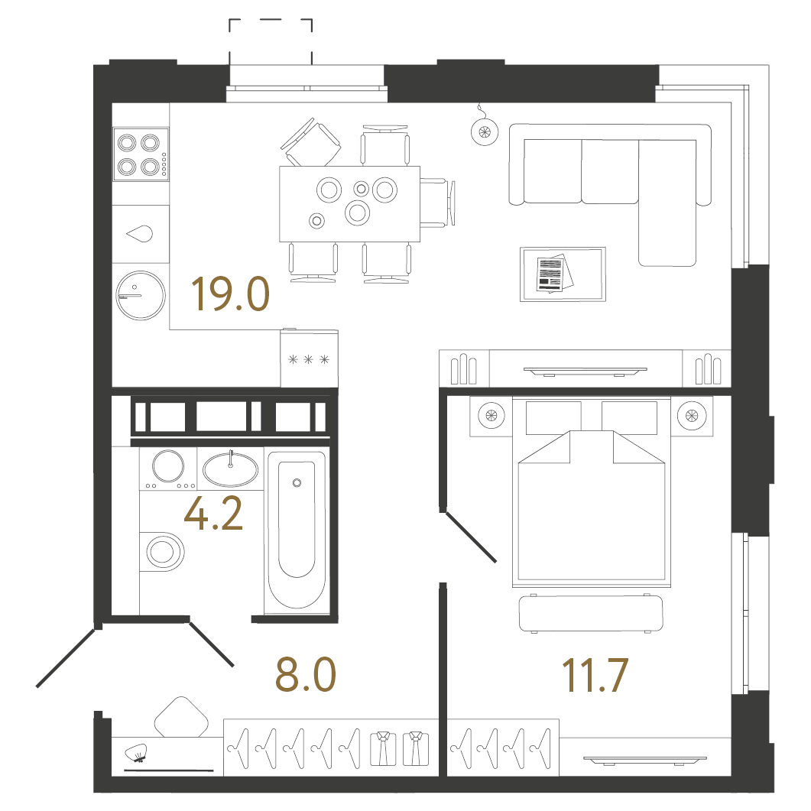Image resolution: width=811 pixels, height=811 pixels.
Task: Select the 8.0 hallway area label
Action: [x=306, y=674]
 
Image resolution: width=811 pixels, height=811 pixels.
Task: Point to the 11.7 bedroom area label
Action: [x=595, y=675]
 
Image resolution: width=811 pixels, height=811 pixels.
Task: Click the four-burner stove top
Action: [x=141, y=154]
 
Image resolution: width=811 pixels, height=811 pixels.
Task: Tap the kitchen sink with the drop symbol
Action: [x=141, y=235]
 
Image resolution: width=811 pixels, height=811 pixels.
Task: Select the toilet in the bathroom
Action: [x=162, y=551]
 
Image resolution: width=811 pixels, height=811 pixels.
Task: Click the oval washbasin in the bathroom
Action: [x=230, y=469]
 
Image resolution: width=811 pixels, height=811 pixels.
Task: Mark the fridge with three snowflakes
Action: [x=310, y=358]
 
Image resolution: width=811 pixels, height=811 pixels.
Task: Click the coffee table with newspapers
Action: [x=563, y=274]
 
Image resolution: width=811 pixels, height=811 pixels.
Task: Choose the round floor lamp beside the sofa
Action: [x=485, y=131]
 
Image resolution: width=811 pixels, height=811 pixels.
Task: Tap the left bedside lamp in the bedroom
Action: [x=491, y=415]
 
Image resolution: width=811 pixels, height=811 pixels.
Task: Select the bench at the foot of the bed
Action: [x=591, y=614]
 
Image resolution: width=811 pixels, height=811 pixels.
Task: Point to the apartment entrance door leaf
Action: [x=67, y=658]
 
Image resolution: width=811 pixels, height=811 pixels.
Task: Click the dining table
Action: [x=349, y=204]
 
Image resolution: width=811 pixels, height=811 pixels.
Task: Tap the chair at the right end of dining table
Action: [x=437, y=203]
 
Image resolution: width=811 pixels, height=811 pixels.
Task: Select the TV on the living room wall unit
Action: [x=585, y=371]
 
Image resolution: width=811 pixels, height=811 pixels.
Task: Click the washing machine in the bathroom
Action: [x=168, y=469]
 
